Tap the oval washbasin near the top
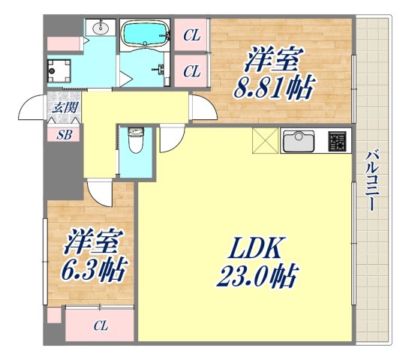101,29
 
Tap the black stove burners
338,139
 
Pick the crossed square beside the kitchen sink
265,140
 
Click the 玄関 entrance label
64,107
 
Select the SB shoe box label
64,135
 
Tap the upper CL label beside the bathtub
192,34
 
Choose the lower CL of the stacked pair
192,71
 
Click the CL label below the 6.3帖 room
100,326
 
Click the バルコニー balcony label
372,181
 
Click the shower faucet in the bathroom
161,68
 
